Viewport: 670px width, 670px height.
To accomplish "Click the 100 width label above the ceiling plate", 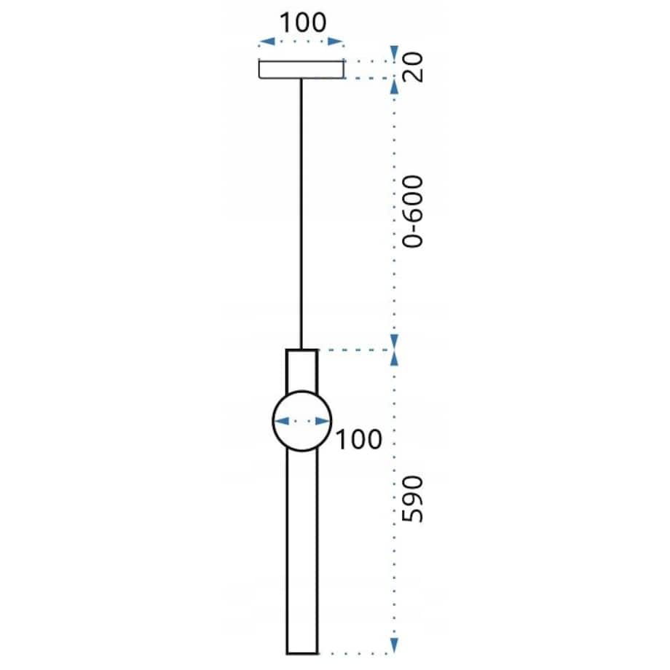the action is click(302, 23).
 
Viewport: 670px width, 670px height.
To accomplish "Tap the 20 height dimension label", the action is click(413, 67).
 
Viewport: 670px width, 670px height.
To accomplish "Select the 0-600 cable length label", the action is click(413, 211).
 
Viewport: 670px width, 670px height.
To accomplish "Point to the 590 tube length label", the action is click(413, 499).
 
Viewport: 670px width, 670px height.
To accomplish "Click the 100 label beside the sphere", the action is click(358, 439).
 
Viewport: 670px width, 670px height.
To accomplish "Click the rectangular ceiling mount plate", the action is click(301, 70).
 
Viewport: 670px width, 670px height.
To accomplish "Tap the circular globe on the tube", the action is click(273, 421).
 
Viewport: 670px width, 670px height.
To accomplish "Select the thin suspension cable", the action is click(301, 213).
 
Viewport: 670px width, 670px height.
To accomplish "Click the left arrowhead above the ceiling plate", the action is click(267, 42).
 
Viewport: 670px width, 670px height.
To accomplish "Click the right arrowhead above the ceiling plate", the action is click(336, 42).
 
